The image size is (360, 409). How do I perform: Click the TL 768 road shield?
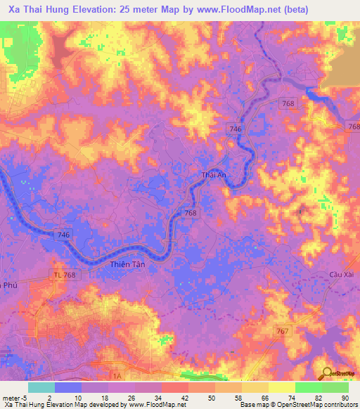[65, 274]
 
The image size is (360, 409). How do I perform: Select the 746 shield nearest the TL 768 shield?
[64, 233]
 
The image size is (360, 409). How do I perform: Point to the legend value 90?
[344, 398]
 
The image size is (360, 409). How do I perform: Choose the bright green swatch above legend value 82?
[308, 387]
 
